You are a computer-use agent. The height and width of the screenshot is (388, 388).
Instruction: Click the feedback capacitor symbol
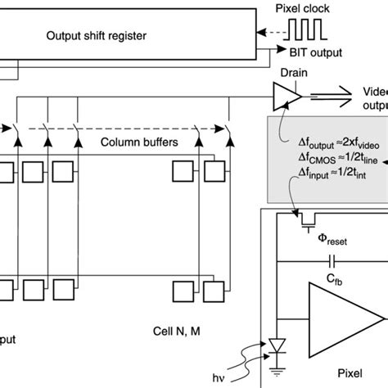(332, 263)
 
